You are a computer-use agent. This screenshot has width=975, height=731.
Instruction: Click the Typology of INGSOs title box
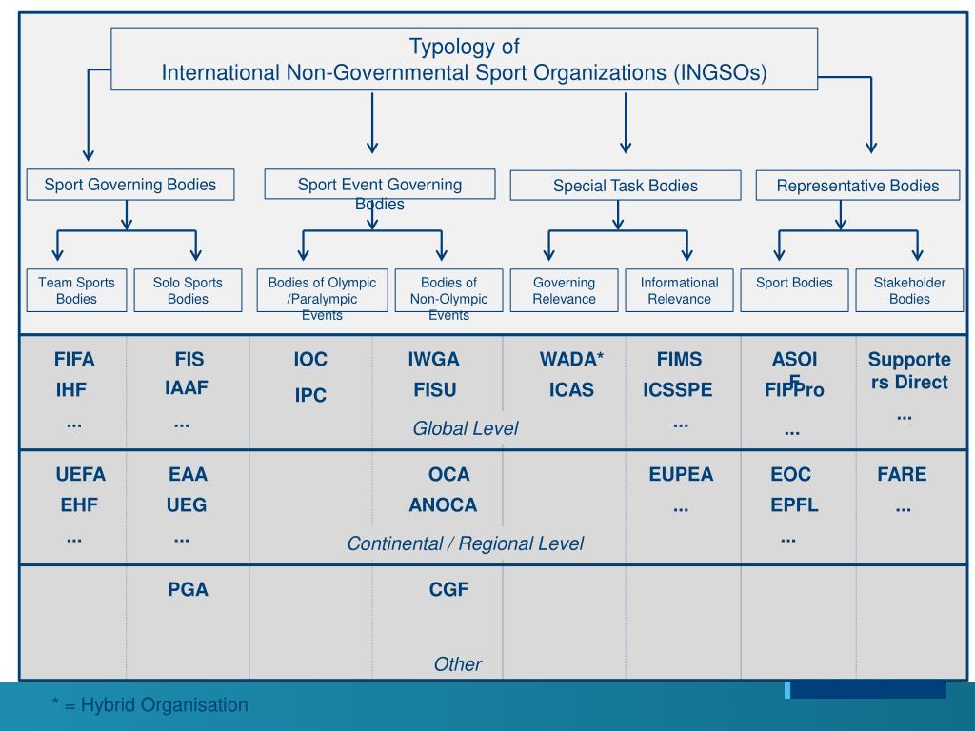click(464, 59)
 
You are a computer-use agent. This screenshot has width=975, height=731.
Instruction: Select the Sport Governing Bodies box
click(129, 185)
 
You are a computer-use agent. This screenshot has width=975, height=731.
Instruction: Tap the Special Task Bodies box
click(625, 186)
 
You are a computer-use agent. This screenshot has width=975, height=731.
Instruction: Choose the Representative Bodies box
click(857, 186)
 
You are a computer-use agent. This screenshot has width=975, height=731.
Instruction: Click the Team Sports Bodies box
click(76, 290)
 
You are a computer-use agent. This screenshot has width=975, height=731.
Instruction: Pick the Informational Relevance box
click(679, 290)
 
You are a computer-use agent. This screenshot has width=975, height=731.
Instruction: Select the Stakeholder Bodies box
click(909, 290)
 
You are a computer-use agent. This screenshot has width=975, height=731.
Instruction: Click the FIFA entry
click(74, 360)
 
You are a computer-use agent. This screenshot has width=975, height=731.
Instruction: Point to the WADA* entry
click(571, 360)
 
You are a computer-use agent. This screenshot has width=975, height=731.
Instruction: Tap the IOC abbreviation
click(310, 360)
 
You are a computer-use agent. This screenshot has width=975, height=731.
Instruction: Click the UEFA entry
click(80, 474)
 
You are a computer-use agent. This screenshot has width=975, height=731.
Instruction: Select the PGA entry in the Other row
click(188, 589)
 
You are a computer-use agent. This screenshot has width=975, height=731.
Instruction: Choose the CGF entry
click(448, 589)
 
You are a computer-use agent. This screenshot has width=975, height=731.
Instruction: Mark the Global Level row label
click(465, 428)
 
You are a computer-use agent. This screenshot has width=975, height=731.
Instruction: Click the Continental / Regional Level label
click(465, 543)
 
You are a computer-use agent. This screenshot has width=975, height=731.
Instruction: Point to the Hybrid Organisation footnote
click(149, 705)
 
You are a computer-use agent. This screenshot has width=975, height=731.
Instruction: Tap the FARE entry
click(902, 474)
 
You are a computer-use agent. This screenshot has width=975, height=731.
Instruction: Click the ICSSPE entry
click(677, 390)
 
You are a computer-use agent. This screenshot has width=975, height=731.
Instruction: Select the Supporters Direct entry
click(908, 371)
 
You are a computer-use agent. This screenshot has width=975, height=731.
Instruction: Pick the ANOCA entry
click(443, 504)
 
